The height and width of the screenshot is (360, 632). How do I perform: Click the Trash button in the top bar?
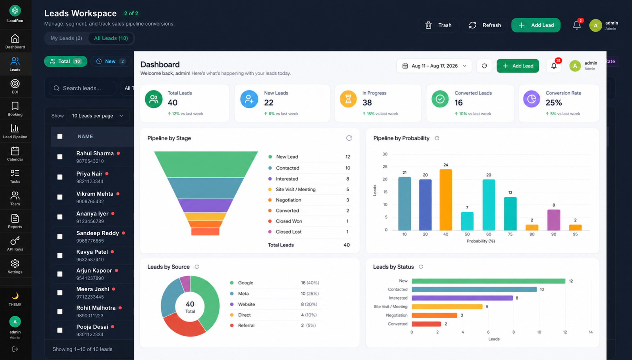pyautogui.click(x=438, y=25)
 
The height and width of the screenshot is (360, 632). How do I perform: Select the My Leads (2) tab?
pyautogui.click(x=66, y=38)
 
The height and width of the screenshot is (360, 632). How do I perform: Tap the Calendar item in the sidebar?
pyautogui.click(x=15, y=154)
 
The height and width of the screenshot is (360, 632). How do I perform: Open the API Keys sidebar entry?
pyautogui.click(x=15, y=244)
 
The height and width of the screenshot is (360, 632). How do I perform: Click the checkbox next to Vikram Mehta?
pyautogui.click(x=60, y=197)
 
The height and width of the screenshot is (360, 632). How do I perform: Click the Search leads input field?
pyautogui.click(x=83, y=88)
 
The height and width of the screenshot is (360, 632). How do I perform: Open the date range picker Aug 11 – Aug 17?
pyautogui.click(x=434, y=66)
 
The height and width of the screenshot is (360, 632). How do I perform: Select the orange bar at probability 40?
pyautogui.click(x=446, y=200)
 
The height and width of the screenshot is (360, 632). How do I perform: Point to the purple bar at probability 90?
pyautogui.click(x=553, y=220)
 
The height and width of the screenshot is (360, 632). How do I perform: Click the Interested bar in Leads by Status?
pyautogui.click(x=462, y=298)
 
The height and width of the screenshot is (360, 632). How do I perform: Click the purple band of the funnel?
pyautogui.click(x=205, y=205)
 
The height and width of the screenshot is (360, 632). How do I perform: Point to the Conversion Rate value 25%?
pyautogui.click(x=553, y=102)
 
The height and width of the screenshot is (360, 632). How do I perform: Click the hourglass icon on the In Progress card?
pyautogui.click(x=348, y=99)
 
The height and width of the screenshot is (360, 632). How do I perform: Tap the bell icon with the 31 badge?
pyautogui.click(x=554, y=66)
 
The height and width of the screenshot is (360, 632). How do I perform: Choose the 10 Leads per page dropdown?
pyautogui.click(x=98, y=116)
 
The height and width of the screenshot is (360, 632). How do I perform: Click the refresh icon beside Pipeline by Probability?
pyautogui.click(x=437, y=138)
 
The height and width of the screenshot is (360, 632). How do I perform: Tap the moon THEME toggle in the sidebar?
pyautogui.click(x=15, y=299)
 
